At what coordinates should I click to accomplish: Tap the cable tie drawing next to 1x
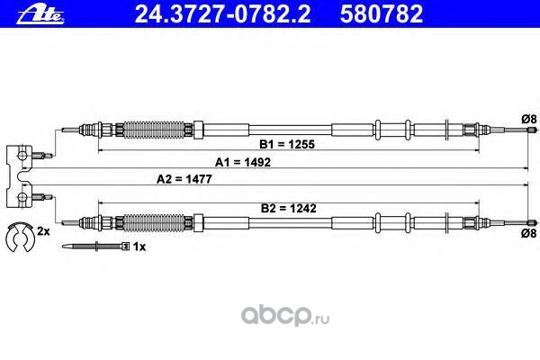[99, 245]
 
